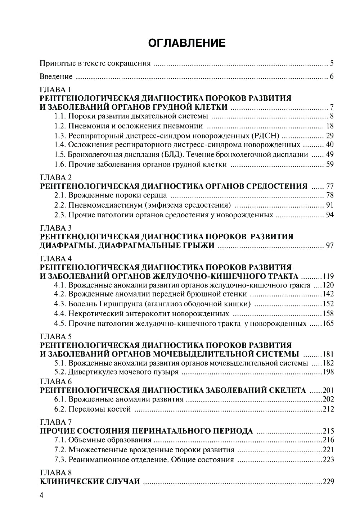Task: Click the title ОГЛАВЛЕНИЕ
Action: tap(187, 43)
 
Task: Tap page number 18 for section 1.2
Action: tap(330, 126)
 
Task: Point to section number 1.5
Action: tap(60, 155)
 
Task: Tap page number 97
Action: tap(330, 246)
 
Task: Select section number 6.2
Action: tap(60, 409)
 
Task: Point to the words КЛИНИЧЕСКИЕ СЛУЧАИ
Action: tap(90, 481)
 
